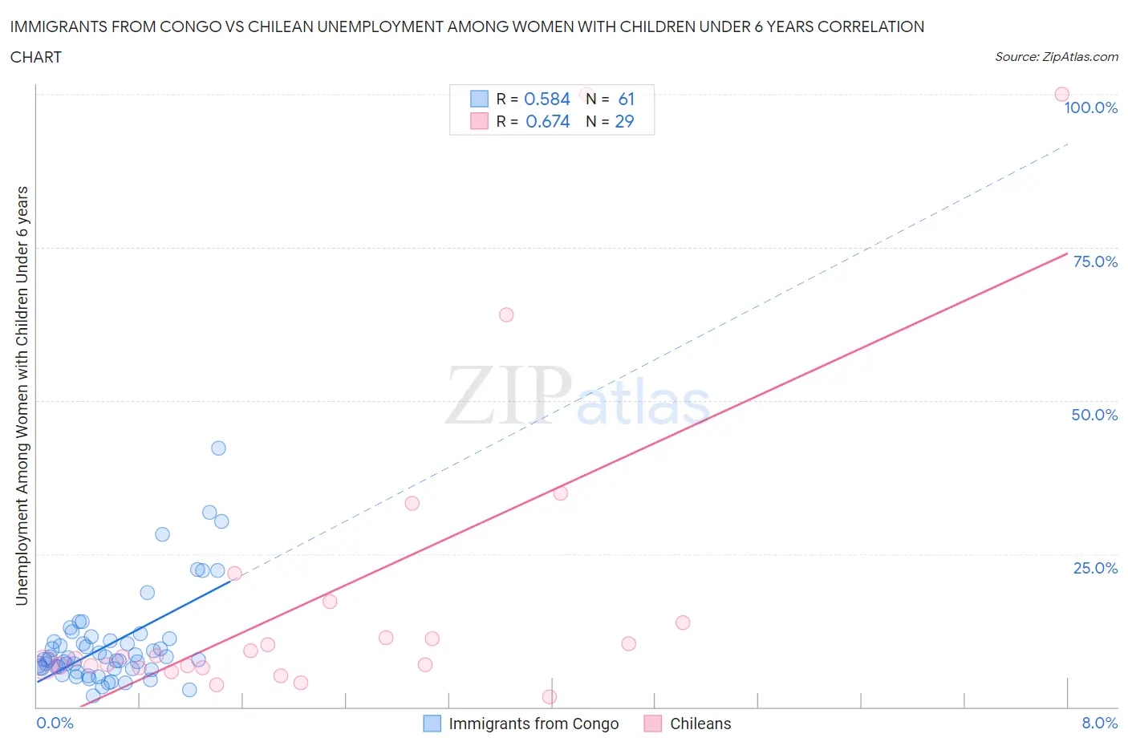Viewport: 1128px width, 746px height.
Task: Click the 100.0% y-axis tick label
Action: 1090,108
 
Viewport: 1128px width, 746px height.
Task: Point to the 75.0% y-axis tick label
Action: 1095,262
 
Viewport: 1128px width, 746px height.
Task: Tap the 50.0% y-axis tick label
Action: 1094,415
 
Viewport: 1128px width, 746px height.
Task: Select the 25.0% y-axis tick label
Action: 1095,568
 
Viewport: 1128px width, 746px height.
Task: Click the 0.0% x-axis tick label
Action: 55,723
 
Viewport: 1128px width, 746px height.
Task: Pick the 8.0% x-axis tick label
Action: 1099,723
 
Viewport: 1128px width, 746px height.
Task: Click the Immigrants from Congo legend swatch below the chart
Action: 432,724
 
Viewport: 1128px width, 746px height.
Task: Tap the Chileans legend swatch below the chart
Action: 653,724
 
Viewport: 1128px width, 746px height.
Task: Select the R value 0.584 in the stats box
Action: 546,99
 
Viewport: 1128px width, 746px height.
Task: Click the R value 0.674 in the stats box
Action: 547,121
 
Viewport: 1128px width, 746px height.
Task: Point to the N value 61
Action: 626,99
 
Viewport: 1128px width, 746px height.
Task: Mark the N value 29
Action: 624,121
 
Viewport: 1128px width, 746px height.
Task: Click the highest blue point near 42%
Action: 218,448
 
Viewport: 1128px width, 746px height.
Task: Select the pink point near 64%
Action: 506,314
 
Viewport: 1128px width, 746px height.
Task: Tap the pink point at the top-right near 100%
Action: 1061,95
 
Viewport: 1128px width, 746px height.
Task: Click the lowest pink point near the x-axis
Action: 550,696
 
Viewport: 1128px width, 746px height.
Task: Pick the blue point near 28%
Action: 162,534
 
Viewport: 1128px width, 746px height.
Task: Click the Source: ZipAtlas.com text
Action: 1056,57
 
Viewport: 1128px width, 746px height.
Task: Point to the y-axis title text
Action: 22,395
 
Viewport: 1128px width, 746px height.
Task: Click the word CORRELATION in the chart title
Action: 870,26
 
